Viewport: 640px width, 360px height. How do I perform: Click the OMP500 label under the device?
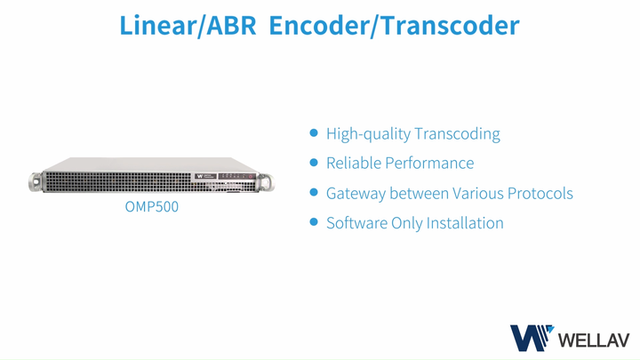(151, 212)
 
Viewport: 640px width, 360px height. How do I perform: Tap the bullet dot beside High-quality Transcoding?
(313, 133)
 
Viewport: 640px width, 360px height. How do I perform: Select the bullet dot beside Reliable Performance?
(313, 163)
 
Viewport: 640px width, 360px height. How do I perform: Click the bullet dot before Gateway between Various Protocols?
(313, 192)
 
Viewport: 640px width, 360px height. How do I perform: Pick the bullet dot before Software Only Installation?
(313, 221)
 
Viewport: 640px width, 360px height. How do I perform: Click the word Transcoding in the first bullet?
(457, 134)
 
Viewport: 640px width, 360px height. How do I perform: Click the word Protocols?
(538, 193)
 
